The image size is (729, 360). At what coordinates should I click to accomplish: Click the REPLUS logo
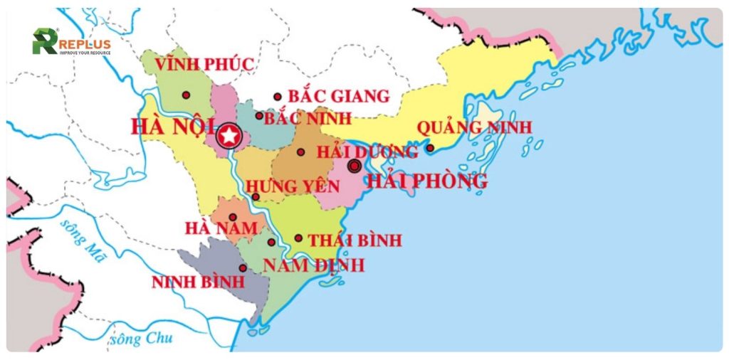click(x=71, y=42)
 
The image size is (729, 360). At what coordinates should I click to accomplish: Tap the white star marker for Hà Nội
click(x=229, y=136)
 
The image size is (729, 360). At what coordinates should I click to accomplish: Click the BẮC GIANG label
click(x=338, y=96)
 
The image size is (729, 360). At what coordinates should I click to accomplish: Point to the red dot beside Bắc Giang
click(x=278, y=97)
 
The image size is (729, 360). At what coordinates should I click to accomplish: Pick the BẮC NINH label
click(x=302, y=118)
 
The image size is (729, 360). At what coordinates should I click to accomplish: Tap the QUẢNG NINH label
click(x=474, y=127)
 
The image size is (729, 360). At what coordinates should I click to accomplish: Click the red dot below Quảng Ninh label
click(x=430, y=148)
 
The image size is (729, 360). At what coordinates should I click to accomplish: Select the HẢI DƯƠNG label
click(x=367, y=152)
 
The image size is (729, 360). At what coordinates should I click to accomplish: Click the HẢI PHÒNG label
click(x=426, y=181)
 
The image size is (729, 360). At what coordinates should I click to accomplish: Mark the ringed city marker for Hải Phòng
click(x=354, y=166)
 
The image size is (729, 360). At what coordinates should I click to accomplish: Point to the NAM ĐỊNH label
click(x=313, y=265)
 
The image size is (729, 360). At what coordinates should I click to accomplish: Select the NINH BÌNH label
click(x=198, y=282)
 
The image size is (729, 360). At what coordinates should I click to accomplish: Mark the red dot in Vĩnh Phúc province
click(x=186, y=95)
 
